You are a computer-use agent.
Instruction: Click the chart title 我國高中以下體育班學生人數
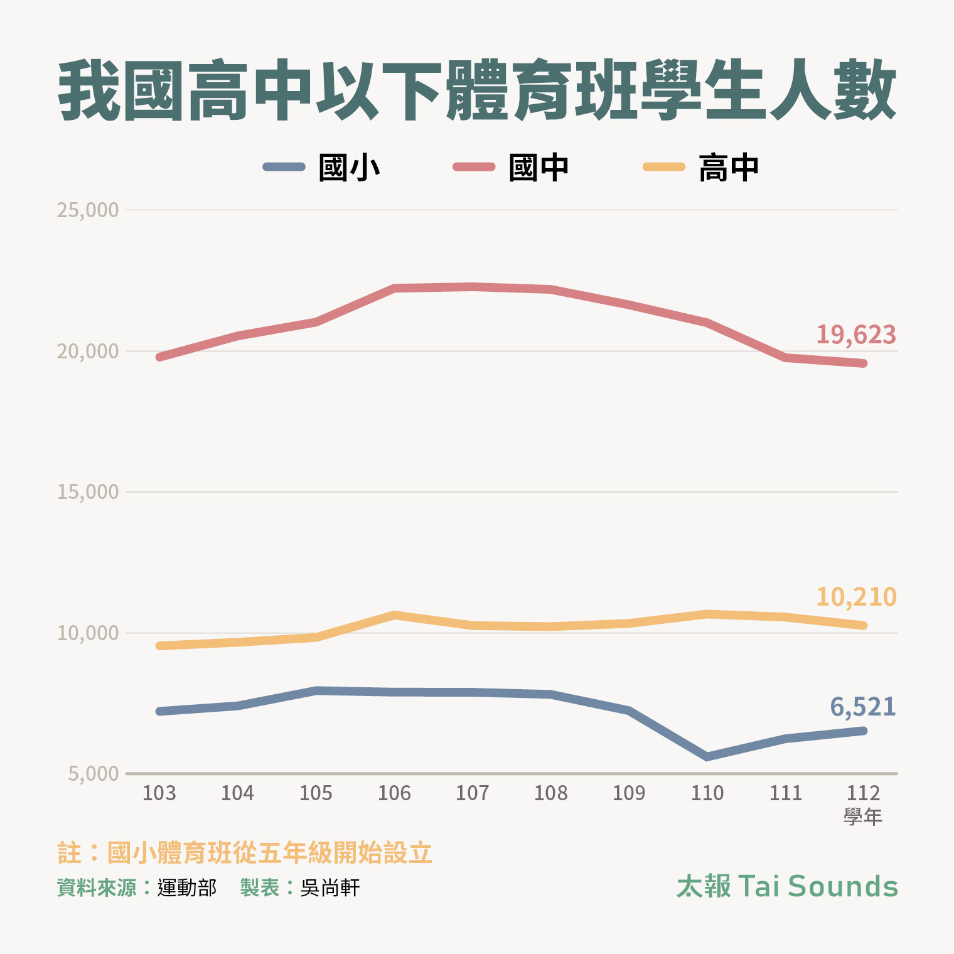click(477, 91)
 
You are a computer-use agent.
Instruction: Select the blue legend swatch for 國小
click(284, 167)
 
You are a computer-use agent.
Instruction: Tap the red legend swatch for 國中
click(474, 167)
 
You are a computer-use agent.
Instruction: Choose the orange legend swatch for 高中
click(664, 167)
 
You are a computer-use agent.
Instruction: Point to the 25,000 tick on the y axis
click(88, 210)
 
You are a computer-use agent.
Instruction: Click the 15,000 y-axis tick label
click(88, 492)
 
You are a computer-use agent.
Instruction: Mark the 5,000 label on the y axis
click(94, 774)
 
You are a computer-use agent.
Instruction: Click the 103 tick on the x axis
click(159, 793)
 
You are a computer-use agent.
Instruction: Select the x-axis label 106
click(394, 793)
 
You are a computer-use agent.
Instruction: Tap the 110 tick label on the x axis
click(707, 793)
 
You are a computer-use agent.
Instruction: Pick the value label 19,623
click(856, 335)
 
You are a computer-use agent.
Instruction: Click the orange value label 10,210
click(856, 597)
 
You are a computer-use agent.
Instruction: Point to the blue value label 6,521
click(863, 707)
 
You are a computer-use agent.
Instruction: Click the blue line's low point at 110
click(707, 757)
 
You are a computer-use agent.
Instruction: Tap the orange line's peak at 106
click(394, 615)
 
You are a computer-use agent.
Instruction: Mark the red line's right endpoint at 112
click(864, 363)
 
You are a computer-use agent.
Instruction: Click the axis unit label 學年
click(863, 817)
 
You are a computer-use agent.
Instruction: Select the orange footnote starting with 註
click(245, 853)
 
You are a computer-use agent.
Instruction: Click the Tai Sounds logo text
click(787, 886)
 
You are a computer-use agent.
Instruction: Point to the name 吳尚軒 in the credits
click(330, 887)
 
